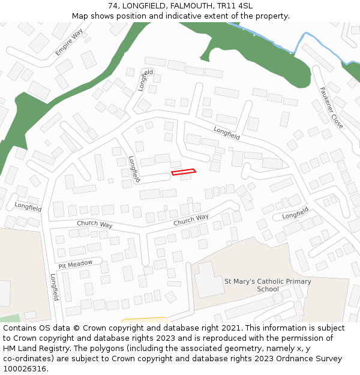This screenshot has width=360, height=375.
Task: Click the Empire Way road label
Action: click(69, 42)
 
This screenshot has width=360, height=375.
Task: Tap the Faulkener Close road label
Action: click(331, 107)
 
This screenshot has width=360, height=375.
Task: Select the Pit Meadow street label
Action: click(76, 264)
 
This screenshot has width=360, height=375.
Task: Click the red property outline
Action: click(184, 172)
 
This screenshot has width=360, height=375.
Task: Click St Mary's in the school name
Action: click(237, 281)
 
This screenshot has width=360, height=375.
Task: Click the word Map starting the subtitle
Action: click(80, 16)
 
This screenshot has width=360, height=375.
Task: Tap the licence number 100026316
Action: click(25, 369)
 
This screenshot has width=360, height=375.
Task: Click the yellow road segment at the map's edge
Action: click(144, 320)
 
